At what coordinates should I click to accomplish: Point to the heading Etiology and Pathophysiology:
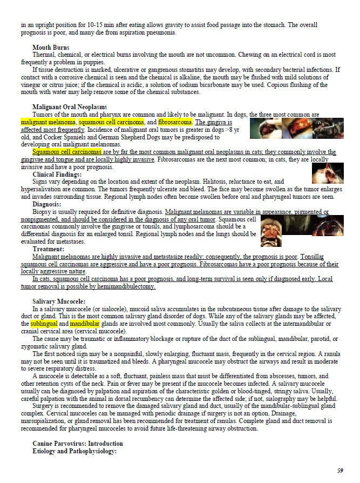[x=74, y=450]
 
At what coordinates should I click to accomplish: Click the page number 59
[x=339, y=471]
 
